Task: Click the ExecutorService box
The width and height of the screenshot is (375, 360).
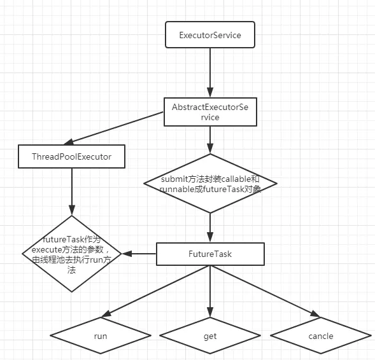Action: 210,34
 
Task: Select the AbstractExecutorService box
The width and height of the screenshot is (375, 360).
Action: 210,112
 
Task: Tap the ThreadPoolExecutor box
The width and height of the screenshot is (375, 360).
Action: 71,156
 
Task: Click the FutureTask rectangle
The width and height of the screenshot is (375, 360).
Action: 210,254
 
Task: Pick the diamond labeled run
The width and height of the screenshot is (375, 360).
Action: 101,336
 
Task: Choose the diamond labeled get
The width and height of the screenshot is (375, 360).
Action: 210,336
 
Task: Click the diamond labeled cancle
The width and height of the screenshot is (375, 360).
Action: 321,336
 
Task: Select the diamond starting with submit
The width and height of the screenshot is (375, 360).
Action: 210,183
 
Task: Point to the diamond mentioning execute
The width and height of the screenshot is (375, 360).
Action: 72,254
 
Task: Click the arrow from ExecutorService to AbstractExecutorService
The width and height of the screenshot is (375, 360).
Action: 210,73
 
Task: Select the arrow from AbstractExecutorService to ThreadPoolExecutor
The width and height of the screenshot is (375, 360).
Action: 113,128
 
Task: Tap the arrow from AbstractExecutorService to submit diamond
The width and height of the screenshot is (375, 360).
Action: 210,140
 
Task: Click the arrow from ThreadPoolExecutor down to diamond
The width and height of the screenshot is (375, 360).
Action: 72,192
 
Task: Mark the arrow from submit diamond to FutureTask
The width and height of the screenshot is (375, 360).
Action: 210,228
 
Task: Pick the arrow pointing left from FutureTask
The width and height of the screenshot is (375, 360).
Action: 139,254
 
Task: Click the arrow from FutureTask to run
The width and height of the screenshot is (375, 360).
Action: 156,291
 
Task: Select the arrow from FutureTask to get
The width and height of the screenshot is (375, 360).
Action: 210,291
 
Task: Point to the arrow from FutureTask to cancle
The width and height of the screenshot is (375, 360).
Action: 265,291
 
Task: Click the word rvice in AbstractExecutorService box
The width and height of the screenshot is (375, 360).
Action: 210,117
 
